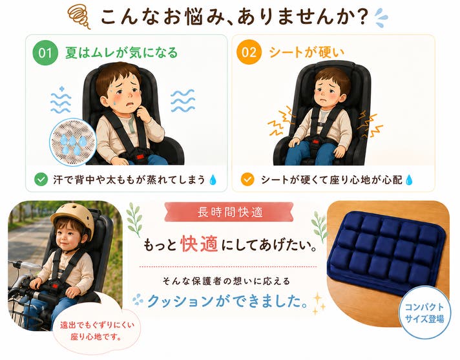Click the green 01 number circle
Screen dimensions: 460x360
pos(45,52)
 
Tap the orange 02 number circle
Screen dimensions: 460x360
pos(249,52)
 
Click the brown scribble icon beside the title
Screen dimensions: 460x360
pos(79,16)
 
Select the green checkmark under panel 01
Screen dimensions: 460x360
pos(41,179)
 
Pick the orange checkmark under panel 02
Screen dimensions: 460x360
pos(247,179)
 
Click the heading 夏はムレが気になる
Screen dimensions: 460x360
pos(121,53)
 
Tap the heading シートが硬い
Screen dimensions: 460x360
pos(306,52)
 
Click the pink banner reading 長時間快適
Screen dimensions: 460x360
pos(229,212)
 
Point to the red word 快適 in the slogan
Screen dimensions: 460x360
pos(199,244)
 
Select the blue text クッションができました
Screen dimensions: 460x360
pos(227,301)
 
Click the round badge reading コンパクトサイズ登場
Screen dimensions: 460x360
pos(424,312)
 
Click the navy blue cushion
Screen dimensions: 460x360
pos(386,252)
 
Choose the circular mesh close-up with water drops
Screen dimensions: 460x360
pos(73,142)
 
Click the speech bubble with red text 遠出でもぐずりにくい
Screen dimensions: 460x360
pos(96,331)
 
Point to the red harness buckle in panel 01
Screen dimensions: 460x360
pos(141,156)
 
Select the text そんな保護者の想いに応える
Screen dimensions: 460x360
pos(226,281)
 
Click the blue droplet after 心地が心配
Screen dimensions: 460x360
pos(409,180)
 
